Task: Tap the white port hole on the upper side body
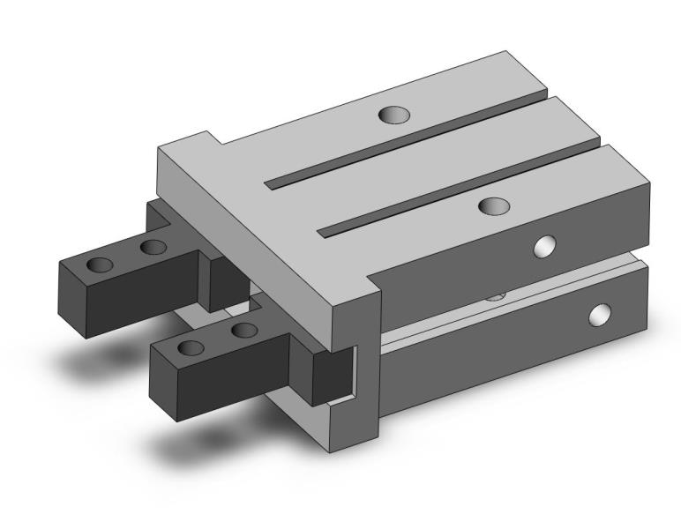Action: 545,247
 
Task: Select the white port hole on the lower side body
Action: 600,312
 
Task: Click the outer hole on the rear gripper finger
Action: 101,264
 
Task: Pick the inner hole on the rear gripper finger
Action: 153,246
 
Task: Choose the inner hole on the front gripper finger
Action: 244,331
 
